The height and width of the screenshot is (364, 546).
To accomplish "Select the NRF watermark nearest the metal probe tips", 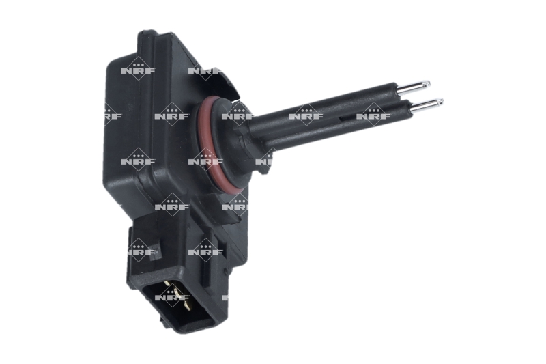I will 373,115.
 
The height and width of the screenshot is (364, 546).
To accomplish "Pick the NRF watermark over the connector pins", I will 172,297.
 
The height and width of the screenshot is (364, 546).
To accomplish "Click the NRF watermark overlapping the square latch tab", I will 139,251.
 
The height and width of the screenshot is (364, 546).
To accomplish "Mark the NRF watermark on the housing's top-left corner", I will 138,70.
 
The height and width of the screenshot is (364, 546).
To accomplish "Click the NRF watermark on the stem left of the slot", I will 305,115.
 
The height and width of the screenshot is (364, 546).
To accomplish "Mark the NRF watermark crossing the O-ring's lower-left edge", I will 205,161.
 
